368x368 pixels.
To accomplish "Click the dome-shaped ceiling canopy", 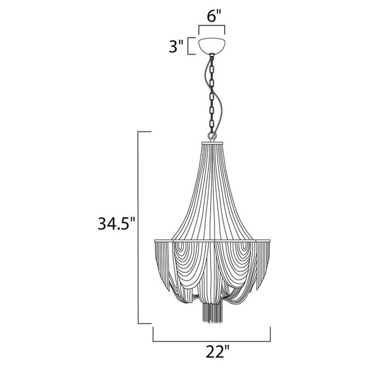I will pyautogui.click(x=212, y=46).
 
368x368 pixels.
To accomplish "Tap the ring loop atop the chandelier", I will pyautogui.click(x=212, y=136).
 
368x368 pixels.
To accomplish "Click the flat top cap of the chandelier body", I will pyautogui.click(x=212, y=143).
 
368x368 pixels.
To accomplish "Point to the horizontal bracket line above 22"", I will pyautogui.click(x=212, y=341).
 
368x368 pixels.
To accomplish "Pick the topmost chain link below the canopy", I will pyautogui.click(x=212, y=63).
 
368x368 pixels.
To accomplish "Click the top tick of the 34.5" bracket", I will pyautogui.click(x=144, y=132).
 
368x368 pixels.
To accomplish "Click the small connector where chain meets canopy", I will pyautogui.click(x=212, y=56).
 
